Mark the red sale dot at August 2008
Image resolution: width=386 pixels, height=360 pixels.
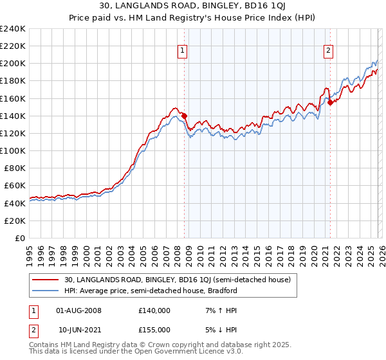click(184, 116)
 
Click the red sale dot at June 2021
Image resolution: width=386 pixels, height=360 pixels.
click(330, 102)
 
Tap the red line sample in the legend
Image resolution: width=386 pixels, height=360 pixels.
click(46, 280)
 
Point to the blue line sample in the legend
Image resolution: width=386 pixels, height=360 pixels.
click(46, 291)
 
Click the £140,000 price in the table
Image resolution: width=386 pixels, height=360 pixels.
click(154, 310)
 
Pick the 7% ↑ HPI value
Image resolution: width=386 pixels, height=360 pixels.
click(215, 310)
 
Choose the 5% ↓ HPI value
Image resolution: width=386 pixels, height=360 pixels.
click(215, 329)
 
